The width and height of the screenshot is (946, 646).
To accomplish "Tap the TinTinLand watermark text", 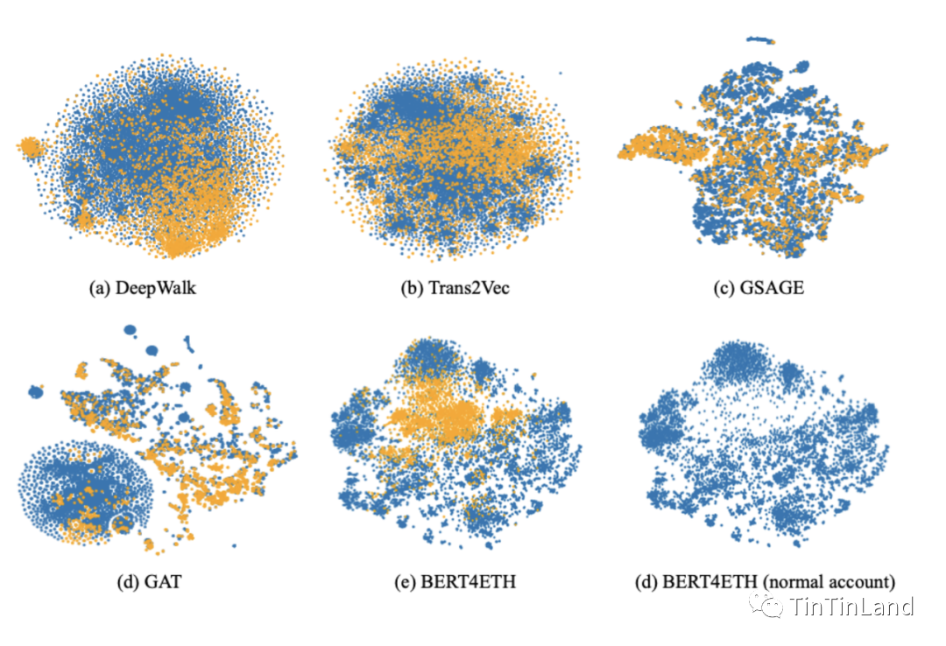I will [851, 607].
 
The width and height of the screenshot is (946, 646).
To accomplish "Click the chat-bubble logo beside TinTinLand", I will [771, 606].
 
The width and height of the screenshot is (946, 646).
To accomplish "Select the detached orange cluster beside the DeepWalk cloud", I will [29, 147].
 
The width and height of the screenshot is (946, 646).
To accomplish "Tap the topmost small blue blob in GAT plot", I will [131, 330].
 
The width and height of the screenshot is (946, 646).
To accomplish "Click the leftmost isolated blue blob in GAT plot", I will [36, 391].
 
